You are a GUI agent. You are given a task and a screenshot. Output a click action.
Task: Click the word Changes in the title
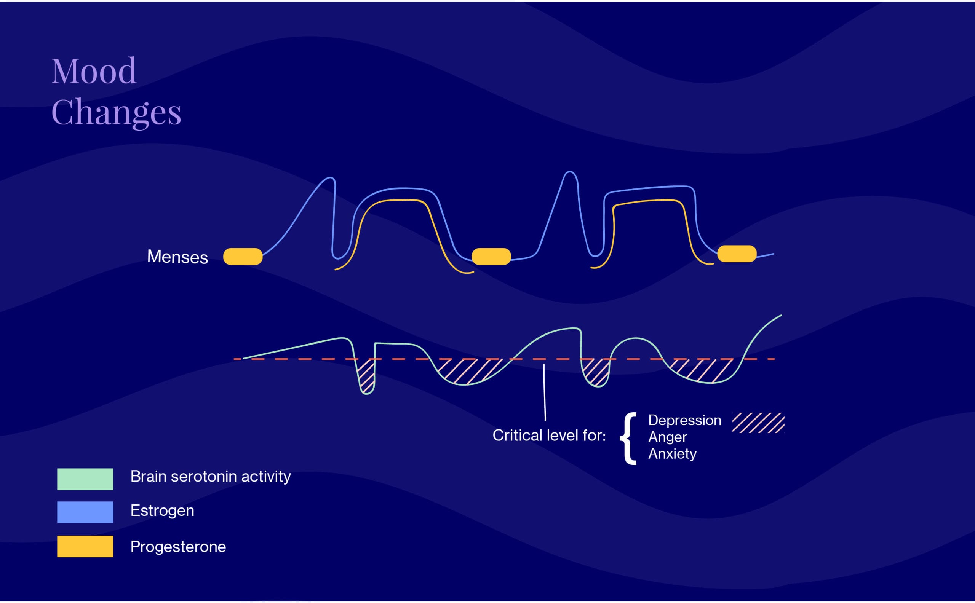point(116,113)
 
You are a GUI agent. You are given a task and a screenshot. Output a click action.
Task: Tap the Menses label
point(177,257)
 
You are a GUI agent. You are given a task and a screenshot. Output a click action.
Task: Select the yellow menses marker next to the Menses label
point(243,257)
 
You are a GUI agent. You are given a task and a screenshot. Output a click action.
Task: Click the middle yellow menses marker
point(491,257)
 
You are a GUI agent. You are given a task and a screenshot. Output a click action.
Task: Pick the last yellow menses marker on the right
point(737,254)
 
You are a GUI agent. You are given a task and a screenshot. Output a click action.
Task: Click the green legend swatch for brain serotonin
point(85,479)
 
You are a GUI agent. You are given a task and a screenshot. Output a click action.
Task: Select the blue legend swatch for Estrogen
point(85,512)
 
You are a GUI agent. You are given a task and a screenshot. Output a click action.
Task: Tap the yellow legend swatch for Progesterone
point(85,546)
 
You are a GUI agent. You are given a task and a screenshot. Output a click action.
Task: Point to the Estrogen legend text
point(162,511)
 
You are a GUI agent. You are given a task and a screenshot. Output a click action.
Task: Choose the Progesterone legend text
point(178,547)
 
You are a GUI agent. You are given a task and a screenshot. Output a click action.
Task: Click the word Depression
point(684,421)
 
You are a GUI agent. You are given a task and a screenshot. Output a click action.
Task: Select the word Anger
point(667,437)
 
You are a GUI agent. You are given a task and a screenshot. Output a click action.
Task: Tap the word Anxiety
point(672,454)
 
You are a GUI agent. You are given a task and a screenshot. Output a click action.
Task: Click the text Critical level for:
point(549,435)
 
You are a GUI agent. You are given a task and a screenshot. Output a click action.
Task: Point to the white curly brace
point(628,439)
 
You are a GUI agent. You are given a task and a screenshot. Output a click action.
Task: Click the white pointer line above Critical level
point(545,392)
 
